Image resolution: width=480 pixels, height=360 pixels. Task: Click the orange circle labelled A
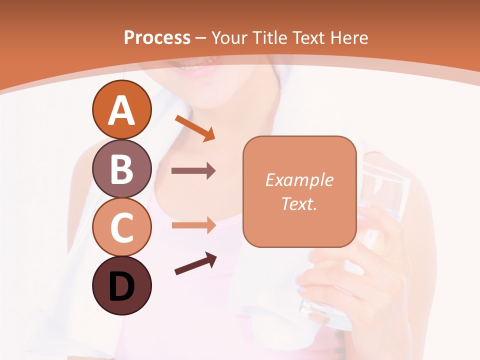click(x=121, y=109)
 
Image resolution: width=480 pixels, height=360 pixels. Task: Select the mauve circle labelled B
click(x=121, y=168)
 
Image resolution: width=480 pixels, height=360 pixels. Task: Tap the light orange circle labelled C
click(x=121, y=227)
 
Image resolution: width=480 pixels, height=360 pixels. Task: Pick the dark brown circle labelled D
click(x=121, y=286)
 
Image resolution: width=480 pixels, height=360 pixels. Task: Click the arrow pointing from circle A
click(x=195, y=127)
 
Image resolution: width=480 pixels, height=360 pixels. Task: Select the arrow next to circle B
click(x=193, y=171)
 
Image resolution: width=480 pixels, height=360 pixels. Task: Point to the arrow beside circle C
click(x=193, y=225)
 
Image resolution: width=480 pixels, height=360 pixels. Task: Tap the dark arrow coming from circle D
click(x=195, y=264)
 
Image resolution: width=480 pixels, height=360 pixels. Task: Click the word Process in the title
click(x=157, y=37)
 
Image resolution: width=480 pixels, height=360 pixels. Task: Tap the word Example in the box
click(x=299, y=180)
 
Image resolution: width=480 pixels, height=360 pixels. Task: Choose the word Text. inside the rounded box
click(x=299, y=203)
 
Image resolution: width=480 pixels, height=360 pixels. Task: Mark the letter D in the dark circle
click(x=121, y=287)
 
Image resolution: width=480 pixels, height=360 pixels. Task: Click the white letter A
click(x=121, y=110)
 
